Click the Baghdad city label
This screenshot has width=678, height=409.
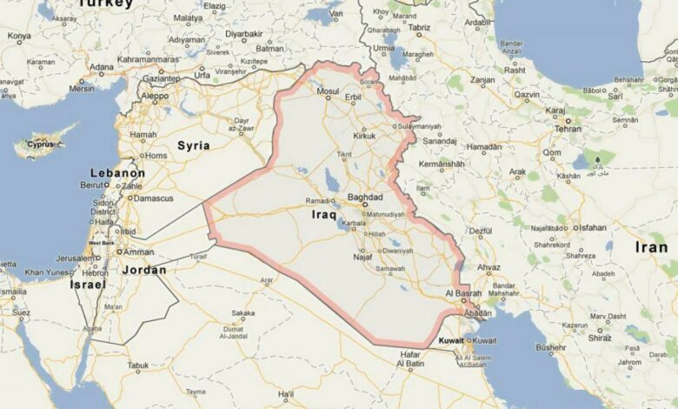[x=365, y=198]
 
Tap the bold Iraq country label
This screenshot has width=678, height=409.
[x=323, y=212]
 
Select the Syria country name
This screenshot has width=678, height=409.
[x=194, y=145]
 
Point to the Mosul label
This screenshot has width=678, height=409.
[x=328, y=91]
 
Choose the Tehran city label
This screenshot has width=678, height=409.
[x=568, y=128]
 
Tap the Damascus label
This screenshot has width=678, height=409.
[x=153, y=198]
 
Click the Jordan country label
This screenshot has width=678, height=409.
[x=143, y=270]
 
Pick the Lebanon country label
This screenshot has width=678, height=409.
[x=117, y=173]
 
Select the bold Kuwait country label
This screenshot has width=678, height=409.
[x=451, y=339]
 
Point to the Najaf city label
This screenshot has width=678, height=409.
[x=363, y=257]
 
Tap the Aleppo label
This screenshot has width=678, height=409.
[x=155, y=96]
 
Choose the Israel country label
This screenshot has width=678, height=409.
[x=88, y=285]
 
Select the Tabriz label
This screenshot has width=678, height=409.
[x=419, y=28]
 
